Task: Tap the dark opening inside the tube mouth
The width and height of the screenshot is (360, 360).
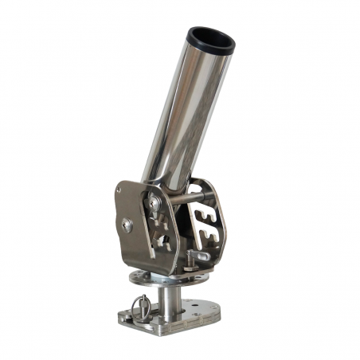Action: coord(209,36)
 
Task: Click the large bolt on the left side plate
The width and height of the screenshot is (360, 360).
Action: coord(127,225)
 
